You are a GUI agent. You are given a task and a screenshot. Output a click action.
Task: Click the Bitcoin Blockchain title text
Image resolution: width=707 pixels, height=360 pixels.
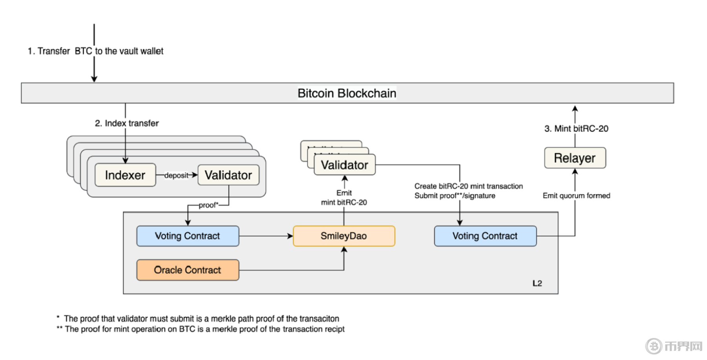coord(347,93)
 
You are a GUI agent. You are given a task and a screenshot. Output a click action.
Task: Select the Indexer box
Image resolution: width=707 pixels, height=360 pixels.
coord(125,175)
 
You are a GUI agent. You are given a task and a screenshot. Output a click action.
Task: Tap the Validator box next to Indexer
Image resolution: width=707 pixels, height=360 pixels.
coord(228,175)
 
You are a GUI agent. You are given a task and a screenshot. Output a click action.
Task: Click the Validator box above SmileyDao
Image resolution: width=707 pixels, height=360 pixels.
coord(344,165)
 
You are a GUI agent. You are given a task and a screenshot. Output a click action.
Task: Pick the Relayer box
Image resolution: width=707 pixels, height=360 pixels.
coord(575,158)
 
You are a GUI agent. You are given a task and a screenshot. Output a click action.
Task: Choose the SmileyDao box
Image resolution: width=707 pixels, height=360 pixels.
coord(344,236)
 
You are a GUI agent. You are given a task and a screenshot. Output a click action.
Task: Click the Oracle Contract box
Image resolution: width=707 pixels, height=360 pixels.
coord(187,270)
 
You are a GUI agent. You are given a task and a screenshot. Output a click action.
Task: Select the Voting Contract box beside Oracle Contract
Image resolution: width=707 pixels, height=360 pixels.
coord(187,236)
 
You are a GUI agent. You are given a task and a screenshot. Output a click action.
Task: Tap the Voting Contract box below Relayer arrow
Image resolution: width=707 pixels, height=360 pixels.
coord(485,236)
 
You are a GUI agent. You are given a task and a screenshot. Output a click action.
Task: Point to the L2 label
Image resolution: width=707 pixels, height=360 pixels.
coord(537,283)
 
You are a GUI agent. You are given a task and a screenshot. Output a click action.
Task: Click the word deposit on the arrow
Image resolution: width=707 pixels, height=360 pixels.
coord(176,175)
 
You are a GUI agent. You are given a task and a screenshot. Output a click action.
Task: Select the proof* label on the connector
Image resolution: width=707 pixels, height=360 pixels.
coord(209,205)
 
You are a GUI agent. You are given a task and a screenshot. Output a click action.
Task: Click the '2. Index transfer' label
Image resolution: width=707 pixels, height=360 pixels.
coord(127,123)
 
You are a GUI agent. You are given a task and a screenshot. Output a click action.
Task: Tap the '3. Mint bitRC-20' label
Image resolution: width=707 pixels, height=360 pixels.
coord(576,129)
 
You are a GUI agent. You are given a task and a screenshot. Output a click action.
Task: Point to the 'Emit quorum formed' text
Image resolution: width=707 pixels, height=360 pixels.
coord(576,196)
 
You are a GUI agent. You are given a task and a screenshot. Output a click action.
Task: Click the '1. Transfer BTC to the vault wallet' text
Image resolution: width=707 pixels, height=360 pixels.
coord(95,51)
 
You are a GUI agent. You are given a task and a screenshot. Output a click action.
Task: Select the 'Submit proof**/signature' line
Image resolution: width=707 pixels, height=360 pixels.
coord(454,196)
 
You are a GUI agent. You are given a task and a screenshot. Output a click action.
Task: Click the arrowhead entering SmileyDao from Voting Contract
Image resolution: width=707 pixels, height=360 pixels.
coord(290,236)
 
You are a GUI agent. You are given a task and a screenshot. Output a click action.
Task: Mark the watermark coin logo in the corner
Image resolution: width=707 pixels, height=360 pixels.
coord(654,346)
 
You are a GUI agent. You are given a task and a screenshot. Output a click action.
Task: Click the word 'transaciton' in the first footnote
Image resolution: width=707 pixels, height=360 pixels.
coord(319,319)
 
